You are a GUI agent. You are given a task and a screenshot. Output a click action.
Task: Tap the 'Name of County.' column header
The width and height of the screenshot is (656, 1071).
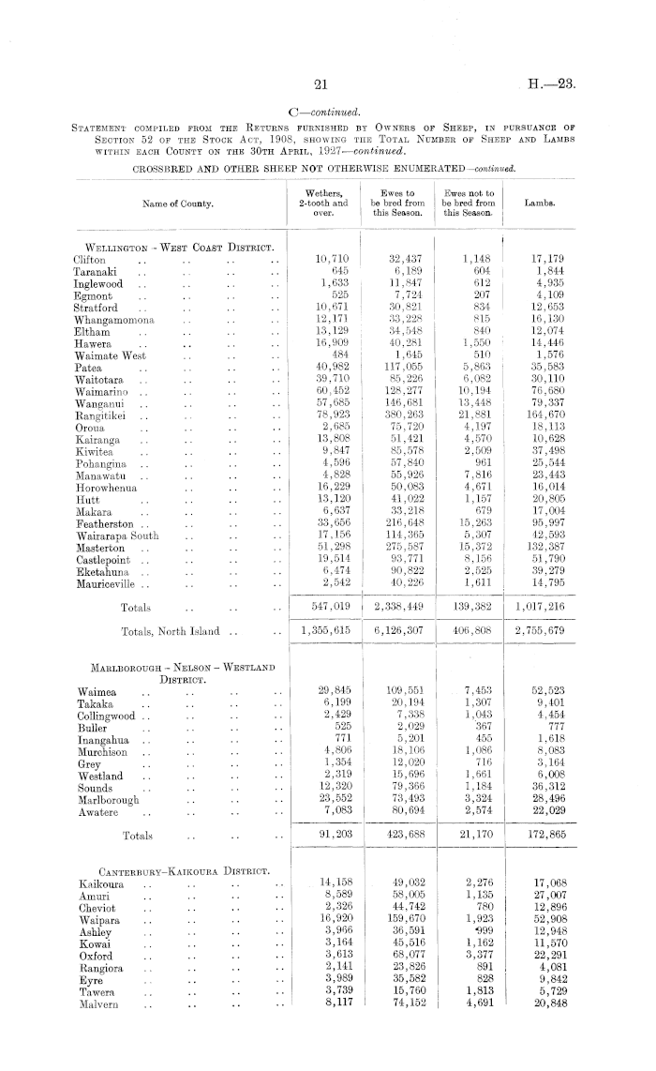[177, 203]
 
